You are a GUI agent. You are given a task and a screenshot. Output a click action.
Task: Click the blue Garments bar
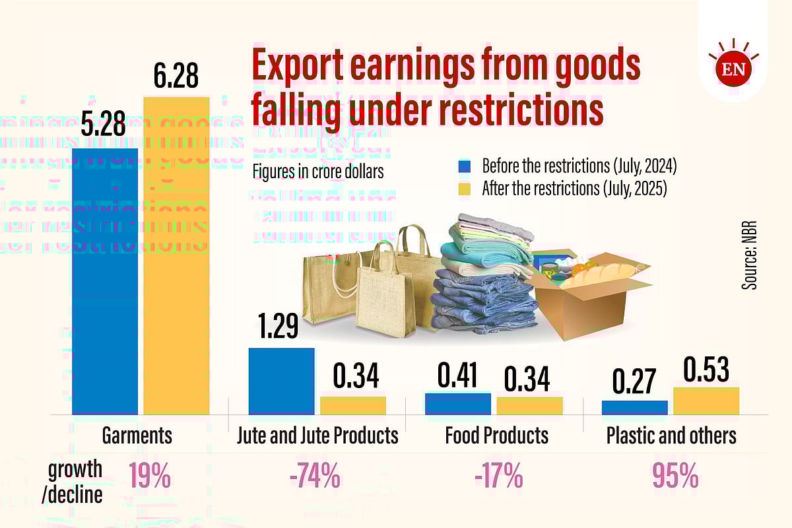105,280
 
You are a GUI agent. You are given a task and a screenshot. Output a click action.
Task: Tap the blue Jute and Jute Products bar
281,381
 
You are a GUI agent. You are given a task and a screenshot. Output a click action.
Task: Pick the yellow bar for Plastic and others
706,401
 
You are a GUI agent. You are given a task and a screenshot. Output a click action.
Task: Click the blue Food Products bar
458,403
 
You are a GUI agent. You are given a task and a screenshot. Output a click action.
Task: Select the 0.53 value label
706,370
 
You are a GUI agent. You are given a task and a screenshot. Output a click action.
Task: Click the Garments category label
137,436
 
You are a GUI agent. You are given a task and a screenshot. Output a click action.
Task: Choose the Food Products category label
496,436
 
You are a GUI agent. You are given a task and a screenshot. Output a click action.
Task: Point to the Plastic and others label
671,436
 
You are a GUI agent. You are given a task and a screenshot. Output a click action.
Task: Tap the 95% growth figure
676,477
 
